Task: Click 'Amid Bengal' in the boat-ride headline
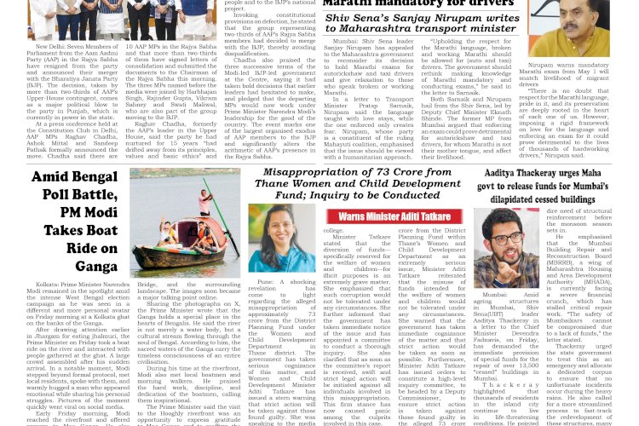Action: (x=67, y=177)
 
